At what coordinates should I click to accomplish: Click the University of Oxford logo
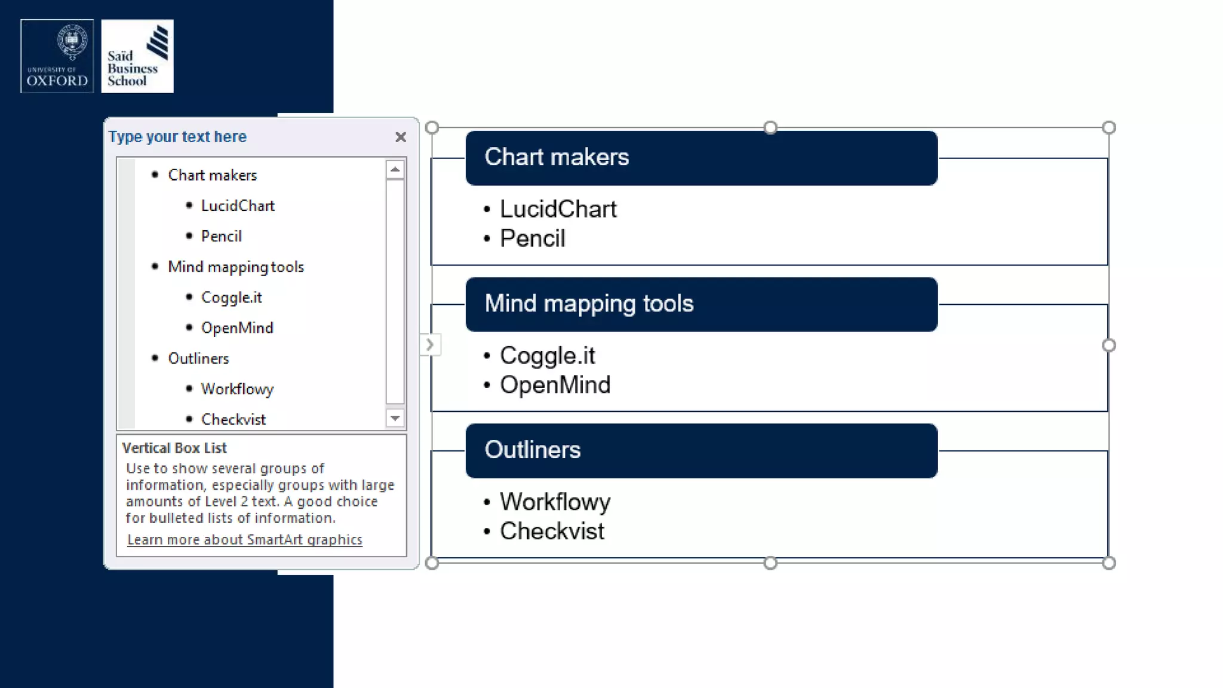pos(57,56)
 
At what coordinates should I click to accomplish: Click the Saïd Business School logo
pos(137,56)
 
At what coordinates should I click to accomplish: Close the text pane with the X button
pos(401,137)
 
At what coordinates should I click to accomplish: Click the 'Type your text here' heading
pos(177,137)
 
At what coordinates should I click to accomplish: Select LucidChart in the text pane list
pos(238,206)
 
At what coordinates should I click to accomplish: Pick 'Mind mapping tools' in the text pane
pos(236,267)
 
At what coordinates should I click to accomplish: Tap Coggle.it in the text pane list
pos(231,297)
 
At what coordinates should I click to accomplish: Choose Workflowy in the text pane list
pos(237,389)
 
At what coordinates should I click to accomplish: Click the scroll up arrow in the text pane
pos(395,170)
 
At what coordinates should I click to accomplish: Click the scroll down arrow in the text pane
pos(395,418)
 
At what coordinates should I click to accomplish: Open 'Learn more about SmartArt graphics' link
pos(244,540)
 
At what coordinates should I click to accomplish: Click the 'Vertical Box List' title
pos(174,448)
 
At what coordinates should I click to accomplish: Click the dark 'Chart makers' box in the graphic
pos(701,158)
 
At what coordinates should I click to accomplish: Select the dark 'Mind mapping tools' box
pos(701,304)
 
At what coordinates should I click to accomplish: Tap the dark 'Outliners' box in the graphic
pos(701,450)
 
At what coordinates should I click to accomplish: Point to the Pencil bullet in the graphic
pos(532,239)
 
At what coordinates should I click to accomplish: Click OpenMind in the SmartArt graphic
pos(555,385)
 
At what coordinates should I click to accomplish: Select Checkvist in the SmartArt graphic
pos(552,532)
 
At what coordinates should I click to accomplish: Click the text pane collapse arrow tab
pos(429,345)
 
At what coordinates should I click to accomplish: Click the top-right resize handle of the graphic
pos(1109,127)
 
